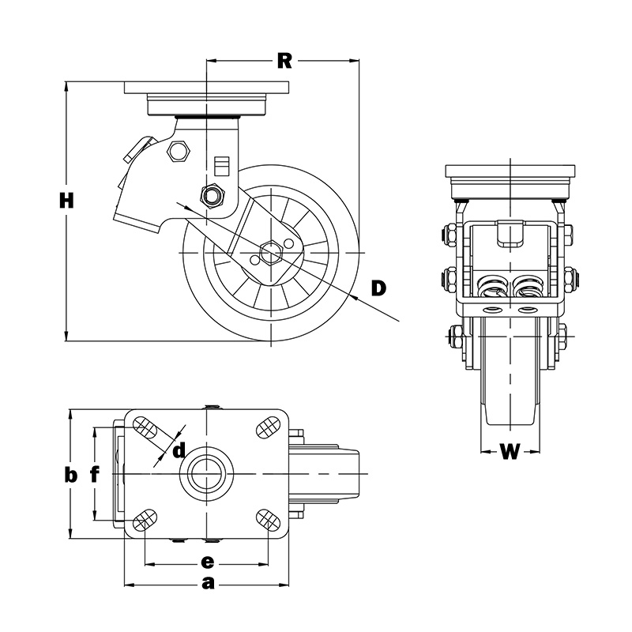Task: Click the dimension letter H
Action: tap(66, 201)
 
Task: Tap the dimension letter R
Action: tap(284, 62)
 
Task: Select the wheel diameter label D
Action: tap(378, 288)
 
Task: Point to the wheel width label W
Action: tap(510, 451)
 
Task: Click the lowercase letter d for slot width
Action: tap(179, 450)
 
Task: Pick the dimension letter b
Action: tap(71, 475)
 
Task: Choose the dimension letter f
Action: tap(94, 474)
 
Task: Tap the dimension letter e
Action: tap(207, 562)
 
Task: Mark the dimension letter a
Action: tap(208, 583)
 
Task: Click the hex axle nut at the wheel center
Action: tap(271, 252)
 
